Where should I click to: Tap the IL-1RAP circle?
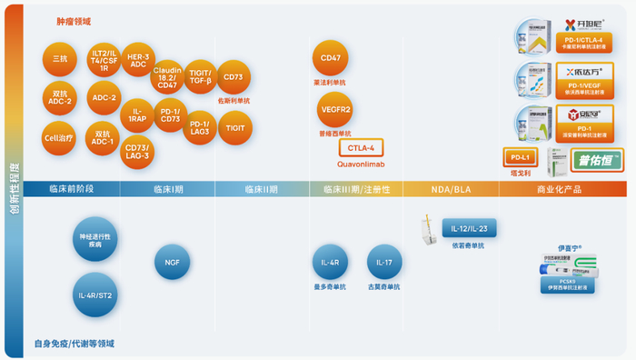(137, 114)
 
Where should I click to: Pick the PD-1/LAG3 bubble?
(199, 127)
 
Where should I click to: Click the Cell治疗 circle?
(59, 138)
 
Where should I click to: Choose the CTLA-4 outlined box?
(361, 148)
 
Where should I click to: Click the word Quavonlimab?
(361, 165)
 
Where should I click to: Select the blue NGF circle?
(172, 262)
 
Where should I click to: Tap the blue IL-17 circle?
(384, 264)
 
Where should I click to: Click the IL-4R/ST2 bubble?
(94, 295)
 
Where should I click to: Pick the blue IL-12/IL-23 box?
(471, 228)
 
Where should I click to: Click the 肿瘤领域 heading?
(74, 21)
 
